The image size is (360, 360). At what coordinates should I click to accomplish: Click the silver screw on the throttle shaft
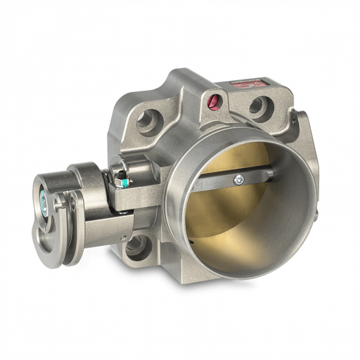(240, 180)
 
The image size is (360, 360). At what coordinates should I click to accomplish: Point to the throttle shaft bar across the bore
(225, 182)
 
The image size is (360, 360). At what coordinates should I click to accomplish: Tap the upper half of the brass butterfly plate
(239, 158)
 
